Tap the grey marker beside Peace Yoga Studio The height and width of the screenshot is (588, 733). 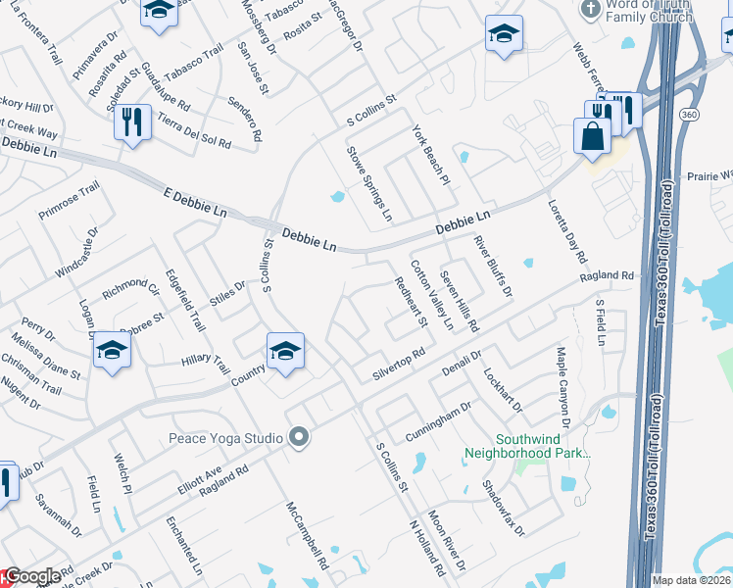click(x=299, y=438)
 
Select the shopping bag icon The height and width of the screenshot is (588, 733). click(x=593, y=136)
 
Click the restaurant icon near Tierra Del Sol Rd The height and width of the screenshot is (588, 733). click(x=132, y=122)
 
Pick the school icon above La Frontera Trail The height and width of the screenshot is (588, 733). click(x=157, y=12)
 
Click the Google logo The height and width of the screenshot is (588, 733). click(x=31, y=577)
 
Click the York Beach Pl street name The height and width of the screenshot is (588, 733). click(x=429, y=156)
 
